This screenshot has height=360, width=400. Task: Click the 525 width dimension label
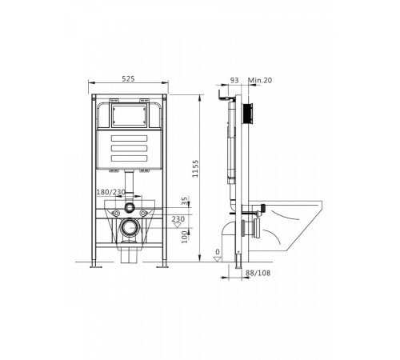click(128, 78)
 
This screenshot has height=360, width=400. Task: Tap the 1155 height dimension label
click(195, 169)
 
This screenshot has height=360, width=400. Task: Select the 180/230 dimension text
click(110, 192)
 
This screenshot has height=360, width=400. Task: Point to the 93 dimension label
click(234, 80)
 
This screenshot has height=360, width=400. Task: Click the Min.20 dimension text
click(260, 80)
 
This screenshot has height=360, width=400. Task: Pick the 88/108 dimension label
click(258, 273)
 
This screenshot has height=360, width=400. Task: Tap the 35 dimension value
click(185, 201)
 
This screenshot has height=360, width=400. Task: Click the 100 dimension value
click(185, 237)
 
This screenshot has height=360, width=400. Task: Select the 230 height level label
click(178, 219)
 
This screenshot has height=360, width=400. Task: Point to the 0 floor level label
click(218, 252)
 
